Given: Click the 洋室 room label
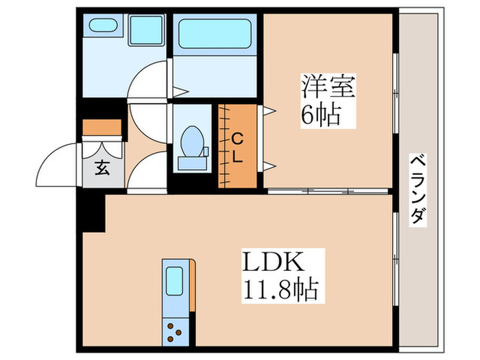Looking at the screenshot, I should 327,89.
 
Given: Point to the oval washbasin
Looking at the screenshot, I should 103,27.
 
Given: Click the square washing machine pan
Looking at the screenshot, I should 145,30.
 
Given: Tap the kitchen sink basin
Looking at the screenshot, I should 174,282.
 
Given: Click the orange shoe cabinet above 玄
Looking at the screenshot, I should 102,128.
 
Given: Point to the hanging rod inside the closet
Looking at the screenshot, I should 224,146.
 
